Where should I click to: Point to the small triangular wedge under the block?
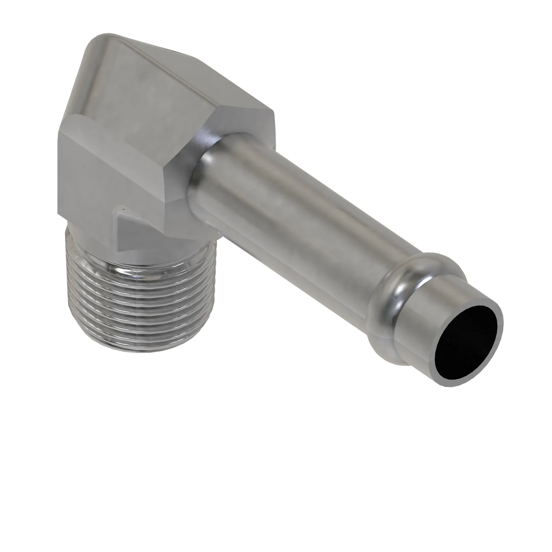[126, 232]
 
